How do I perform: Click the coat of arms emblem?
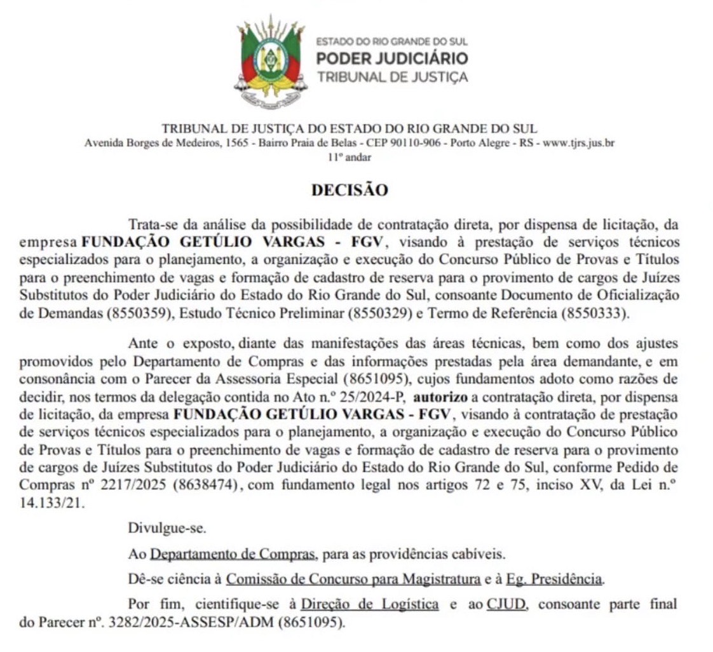click(271, 61)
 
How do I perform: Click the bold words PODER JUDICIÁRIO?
click(392, 59)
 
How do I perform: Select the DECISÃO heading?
click(349, 190)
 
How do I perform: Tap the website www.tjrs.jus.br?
click(578, 143)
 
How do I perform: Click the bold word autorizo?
click(440, 397)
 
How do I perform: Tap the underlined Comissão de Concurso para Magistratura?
click(353, 579)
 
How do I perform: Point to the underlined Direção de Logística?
click(369, 604)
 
